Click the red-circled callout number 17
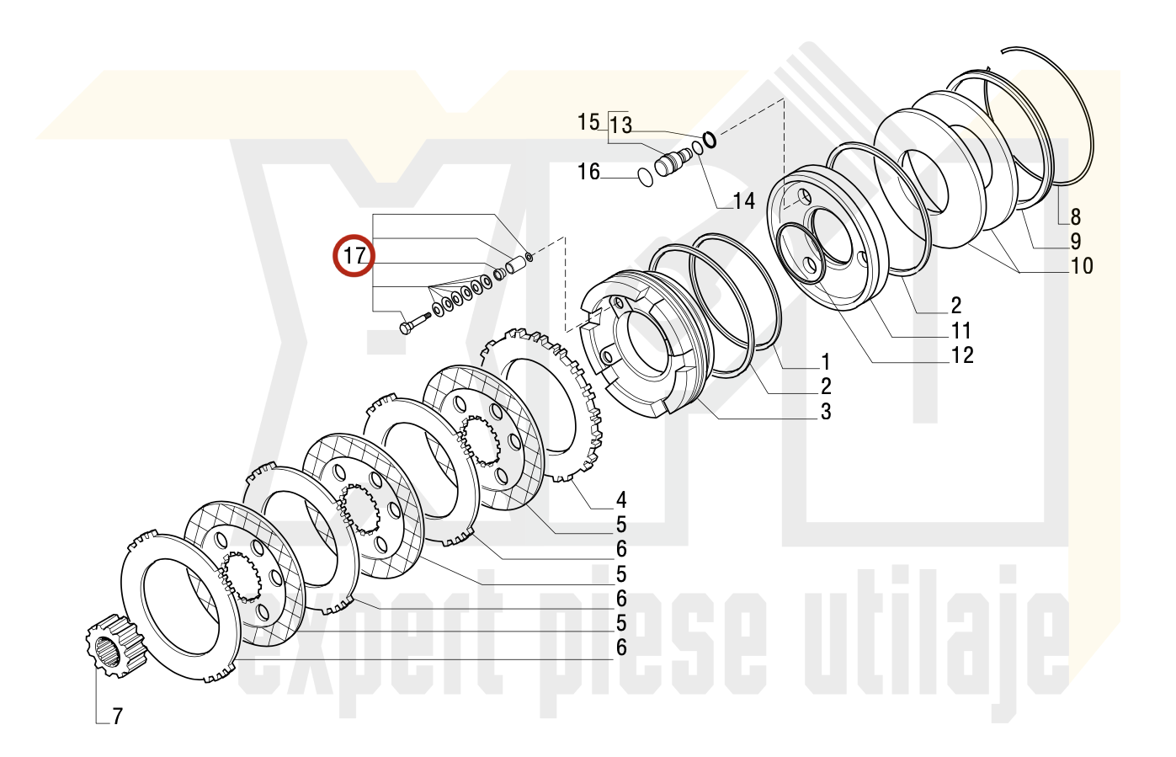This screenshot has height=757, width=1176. click(354, 256)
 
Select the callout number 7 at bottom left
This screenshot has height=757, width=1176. click(117, 717)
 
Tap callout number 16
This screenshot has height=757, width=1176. click(588, 172)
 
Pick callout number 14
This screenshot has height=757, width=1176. click(744, 201)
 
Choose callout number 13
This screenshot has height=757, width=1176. click(620, 125)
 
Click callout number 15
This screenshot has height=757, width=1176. click(588, 122)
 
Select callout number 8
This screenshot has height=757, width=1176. click(1075, 216)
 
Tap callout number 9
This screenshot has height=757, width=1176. click(1075, 242)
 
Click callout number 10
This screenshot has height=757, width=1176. click(1081, 266)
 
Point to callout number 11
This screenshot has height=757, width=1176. click(961, 330)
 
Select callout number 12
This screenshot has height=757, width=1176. click(962, 355)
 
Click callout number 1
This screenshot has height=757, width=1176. click(826, 362)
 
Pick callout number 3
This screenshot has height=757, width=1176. click(826, 412)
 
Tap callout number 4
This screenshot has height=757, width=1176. click(621, 500)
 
